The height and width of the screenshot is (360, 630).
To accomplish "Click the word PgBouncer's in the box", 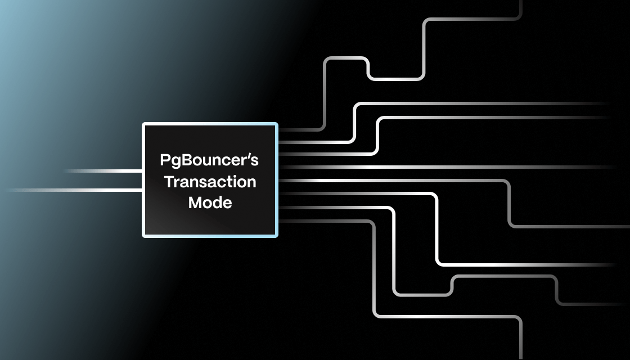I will click(x=209, y=161).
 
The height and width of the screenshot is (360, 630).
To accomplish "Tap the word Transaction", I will click(x=209, y=182).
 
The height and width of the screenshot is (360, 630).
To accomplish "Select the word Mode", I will click(x=210, y=202).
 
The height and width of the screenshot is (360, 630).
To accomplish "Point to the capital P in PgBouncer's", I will click(x=165, y=161).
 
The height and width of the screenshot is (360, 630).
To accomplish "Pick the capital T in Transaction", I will click(x=166, y=182).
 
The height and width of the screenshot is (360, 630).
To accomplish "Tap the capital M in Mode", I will click(x=195, y=202).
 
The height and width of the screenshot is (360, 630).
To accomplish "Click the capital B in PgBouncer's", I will click(x=184, y=161).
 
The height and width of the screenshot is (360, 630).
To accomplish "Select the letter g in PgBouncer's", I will click(x=174, y=163).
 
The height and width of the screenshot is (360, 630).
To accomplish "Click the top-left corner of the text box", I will click(x=143, y=124).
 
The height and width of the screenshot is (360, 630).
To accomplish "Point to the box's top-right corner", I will click(x=277, y=124).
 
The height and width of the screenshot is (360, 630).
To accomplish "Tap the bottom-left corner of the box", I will click(x=143, y=236).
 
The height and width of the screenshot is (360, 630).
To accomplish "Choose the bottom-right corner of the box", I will click(x=277, y=236).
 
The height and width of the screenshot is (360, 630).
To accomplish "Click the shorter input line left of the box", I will click(x=101, y=170).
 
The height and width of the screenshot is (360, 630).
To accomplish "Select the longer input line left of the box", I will click(x=73, y=191).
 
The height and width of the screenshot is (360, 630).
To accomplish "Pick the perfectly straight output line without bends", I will click(x=450, y=167).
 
